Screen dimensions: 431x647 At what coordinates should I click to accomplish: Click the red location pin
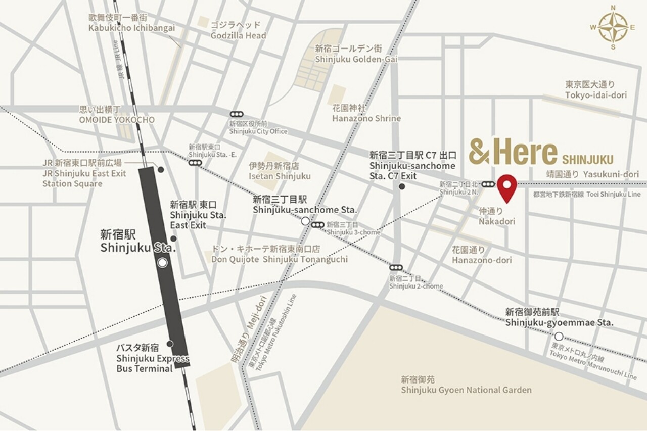[506, 186]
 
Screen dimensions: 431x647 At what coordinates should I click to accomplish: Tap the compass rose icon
[613, 27]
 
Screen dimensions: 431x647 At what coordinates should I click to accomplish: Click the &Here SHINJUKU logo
[541, 152]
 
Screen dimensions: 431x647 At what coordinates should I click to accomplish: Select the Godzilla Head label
[239, 30]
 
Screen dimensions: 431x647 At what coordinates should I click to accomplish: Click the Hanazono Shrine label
[366, 113]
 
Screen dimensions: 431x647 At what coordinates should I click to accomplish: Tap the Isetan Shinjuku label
[280, 171]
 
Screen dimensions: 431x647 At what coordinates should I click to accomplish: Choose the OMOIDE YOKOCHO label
[116, 115]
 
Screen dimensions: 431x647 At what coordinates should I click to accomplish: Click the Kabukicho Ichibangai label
[131, 23]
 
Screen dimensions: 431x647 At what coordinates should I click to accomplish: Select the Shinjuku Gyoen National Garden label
[466, 385]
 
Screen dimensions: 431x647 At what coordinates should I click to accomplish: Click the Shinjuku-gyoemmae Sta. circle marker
[559, 336]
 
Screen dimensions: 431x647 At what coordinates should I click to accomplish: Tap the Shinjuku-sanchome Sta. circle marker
[305, 221]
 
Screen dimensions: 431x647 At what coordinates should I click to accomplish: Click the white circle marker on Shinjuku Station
[162, 263]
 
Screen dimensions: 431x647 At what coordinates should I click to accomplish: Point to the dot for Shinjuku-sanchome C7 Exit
[402, 186]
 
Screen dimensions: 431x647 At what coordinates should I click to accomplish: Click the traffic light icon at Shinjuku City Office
[236, 114]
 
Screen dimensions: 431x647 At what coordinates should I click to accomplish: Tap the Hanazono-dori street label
[482, 255]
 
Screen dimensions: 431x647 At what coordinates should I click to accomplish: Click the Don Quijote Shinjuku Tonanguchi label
[280, 254]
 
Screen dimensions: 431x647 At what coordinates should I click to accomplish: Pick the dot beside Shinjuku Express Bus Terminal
[170, 344]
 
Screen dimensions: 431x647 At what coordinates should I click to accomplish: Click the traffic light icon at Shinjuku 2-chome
[396, 267]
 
